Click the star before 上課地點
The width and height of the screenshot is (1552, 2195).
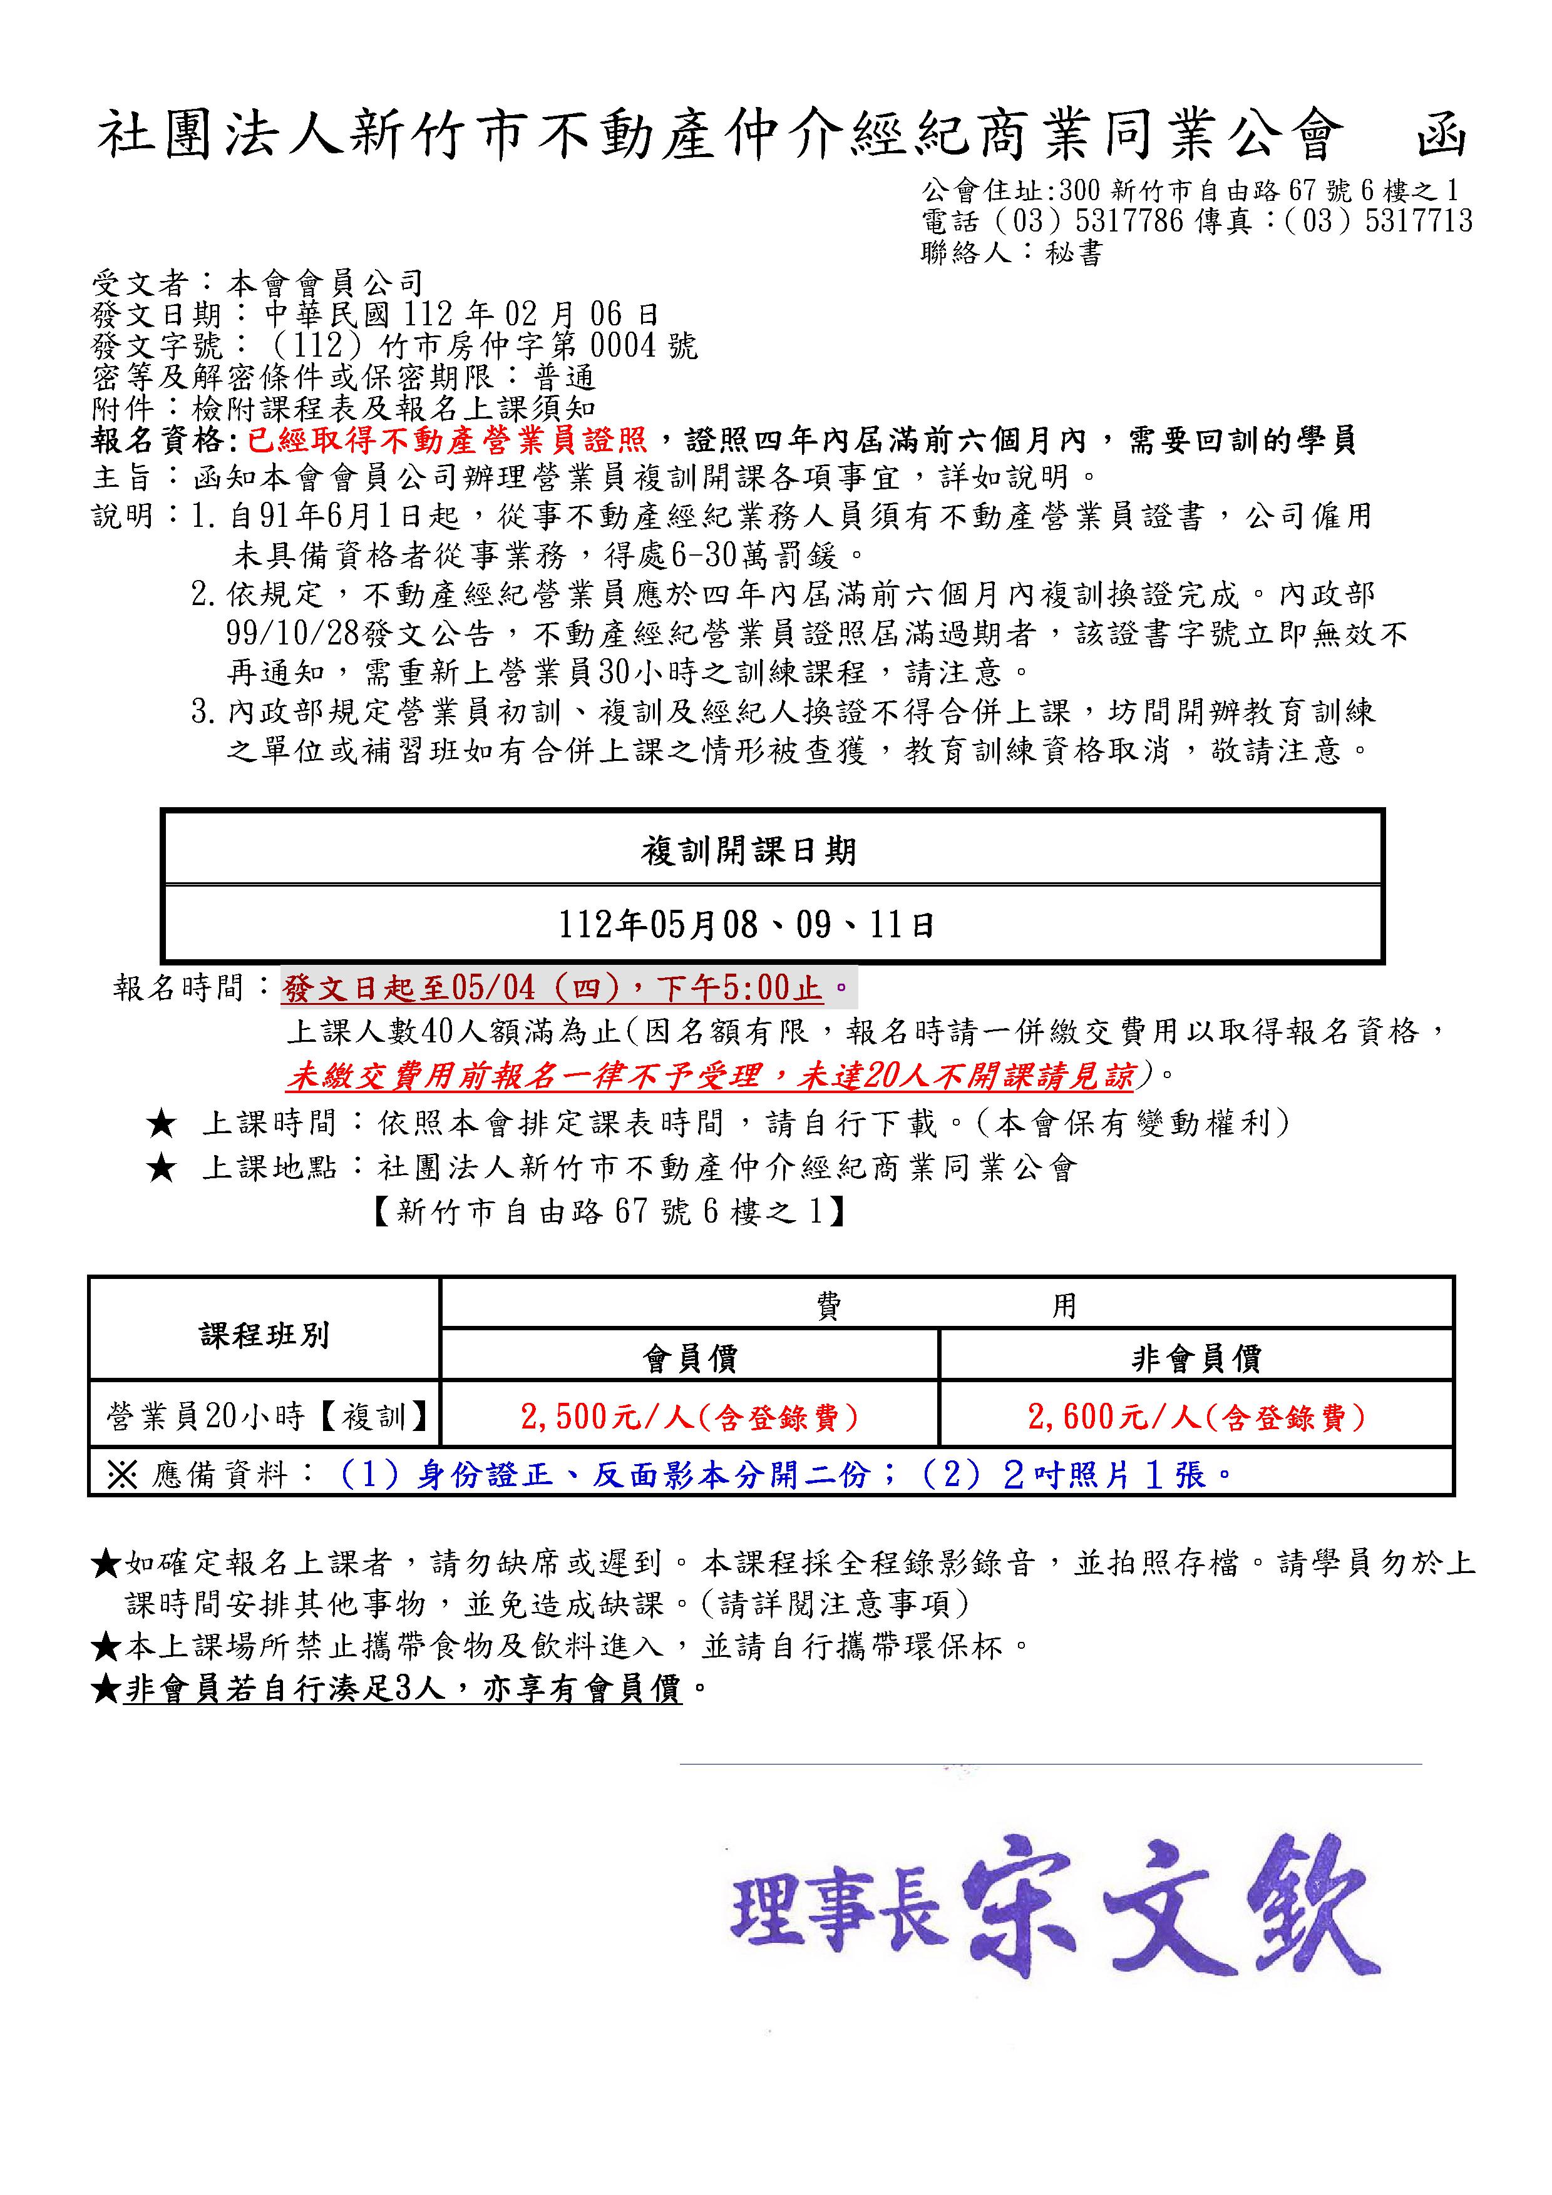(x=162, y=1168)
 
